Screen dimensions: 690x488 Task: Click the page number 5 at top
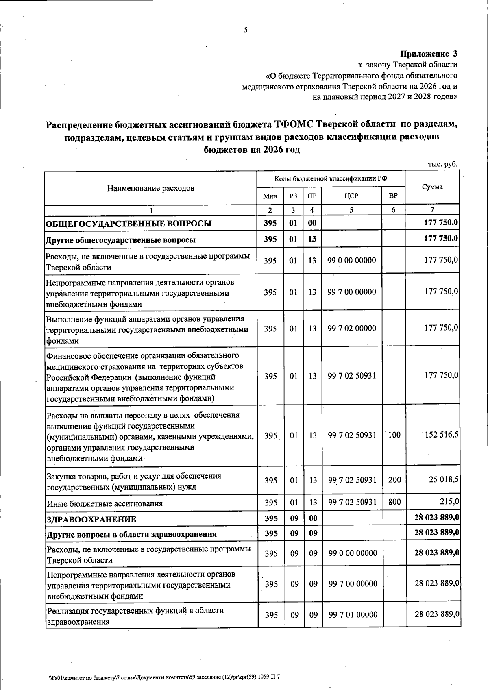tap(245, 30)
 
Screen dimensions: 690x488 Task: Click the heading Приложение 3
tap(429, 54)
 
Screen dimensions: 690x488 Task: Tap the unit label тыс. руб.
tap(442, 164)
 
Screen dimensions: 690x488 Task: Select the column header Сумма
tap(432, 187)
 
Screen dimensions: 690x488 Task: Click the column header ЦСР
tap(351, 196)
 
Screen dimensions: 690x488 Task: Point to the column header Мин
tap(270, 196)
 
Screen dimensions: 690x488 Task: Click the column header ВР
tap(393, 196)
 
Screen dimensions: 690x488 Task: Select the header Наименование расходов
tap(151, 188)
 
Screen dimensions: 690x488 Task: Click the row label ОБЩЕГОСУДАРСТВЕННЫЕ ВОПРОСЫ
tap(129, 224)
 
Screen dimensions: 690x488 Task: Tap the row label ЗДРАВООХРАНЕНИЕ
tap(91, 519)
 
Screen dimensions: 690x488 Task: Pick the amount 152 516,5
tap(442, 435)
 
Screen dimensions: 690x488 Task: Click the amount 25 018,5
tap(444, 479)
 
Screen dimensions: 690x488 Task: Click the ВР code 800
tap(394, 502)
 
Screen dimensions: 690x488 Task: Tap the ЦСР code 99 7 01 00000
tap(353, 615)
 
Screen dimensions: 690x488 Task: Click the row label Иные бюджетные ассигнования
tap(105, 503)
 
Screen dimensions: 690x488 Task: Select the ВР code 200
tap(394, 480)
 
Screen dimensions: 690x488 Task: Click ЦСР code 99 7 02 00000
tap(352, 328)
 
